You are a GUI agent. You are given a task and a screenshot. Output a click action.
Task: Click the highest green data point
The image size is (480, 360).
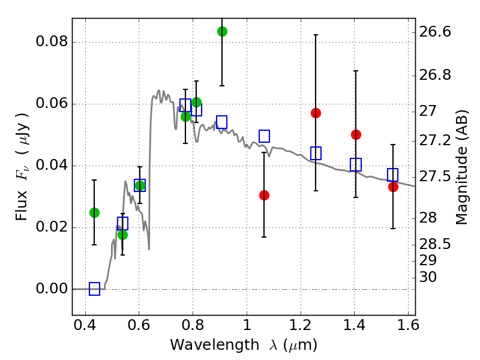222,31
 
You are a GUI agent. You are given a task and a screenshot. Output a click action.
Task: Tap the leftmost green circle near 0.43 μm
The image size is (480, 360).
94,212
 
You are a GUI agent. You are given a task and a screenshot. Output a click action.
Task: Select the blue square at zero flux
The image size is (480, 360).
94,289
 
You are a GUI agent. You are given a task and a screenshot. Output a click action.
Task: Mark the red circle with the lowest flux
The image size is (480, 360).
264,195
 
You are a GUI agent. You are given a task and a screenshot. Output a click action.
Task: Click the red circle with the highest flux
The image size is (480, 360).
316,113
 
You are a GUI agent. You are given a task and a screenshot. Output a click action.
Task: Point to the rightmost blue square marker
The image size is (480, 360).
393,175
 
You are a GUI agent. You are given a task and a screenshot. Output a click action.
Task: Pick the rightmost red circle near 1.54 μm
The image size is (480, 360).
393,187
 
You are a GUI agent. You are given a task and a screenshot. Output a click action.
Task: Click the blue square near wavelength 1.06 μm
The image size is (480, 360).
264,136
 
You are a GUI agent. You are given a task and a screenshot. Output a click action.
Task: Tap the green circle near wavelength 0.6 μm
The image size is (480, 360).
139,185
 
